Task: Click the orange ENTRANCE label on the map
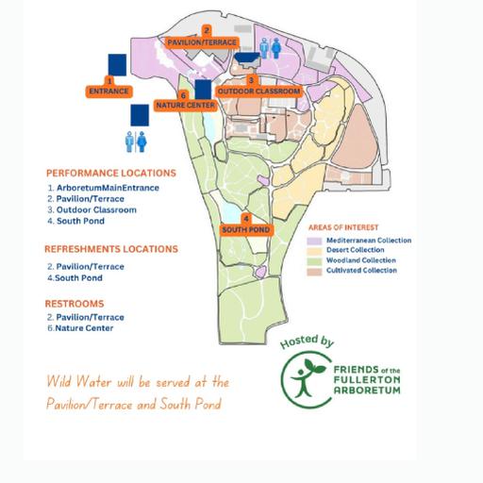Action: (x=108, y=92)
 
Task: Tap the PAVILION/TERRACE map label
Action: (x=202, y=42)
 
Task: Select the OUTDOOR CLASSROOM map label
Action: (x=258, y=92)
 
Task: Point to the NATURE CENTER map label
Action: (x=186, y=105)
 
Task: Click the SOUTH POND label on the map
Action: (x=246, y=229)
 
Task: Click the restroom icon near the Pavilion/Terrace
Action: (x=271, y=48)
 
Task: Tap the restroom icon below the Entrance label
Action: (x=136, y=142)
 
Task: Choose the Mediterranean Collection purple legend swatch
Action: (x=314, y=241)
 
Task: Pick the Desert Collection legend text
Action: (x=356, y=250)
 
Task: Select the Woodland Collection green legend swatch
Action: (x=314, y=261)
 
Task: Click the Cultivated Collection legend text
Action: (x=361, y=270)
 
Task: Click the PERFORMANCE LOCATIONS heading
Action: (x=111, y=174)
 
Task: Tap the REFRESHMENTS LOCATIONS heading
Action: (x=111, y=249)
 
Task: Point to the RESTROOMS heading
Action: (x=75, y=304)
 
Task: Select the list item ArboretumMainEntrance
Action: (x=108, y=188)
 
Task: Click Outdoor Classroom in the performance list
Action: (x=96, y=209)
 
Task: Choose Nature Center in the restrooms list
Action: (x=84, y=328)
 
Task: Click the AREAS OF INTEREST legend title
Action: (x=343, y=227)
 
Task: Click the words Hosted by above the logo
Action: (x=307, y=341)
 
